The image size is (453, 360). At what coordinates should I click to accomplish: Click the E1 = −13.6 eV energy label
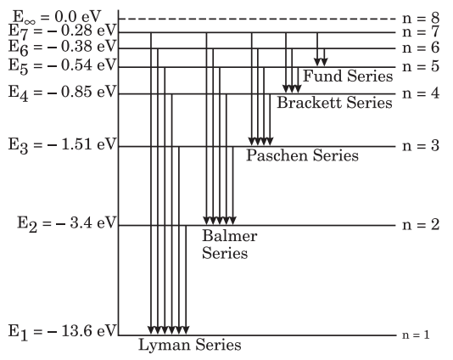coord(63,332)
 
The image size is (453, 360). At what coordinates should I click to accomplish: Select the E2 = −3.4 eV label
coord(67,224)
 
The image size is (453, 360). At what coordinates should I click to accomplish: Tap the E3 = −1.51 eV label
coord(63,145)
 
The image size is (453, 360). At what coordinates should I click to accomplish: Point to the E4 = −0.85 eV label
coord(63,93)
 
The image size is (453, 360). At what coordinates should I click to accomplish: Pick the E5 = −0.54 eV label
coord(63,66)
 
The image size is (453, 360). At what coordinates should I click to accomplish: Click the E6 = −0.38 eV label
coord(63,48)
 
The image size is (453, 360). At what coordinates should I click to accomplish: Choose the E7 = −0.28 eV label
coord(63,31)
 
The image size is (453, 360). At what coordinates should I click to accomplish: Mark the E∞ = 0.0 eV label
coord(57,17)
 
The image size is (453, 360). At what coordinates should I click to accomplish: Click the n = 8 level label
coord(421,19)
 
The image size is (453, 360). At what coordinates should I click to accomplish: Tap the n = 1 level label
coord(416,335)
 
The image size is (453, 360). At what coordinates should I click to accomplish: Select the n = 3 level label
coord(421,146)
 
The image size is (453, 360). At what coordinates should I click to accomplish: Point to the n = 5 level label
coord(421,66)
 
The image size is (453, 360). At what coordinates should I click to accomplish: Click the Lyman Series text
coord(190,346)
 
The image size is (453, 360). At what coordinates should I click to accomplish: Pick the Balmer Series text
coord(229,245)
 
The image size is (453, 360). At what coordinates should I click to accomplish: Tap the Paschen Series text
coord(302,155)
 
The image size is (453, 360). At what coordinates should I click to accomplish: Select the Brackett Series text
coord(334,103)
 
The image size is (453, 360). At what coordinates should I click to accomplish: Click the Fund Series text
coord(348,76)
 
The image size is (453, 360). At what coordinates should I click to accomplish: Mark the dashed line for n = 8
coord(257,19)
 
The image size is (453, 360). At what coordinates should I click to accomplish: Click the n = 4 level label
coord(421,93)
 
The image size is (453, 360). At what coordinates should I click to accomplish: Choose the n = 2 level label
coord(421,225)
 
